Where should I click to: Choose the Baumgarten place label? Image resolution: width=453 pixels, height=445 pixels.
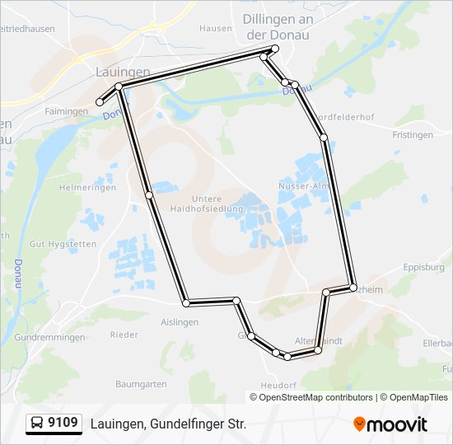coord(141,384)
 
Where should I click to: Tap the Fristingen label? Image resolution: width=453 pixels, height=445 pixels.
coord(413,134)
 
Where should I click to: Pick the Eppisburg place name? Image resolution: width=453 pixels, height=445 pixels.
coord(424,267)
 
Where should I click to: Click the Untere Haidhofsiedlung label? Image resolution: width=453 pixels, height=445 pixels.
coord(217,204)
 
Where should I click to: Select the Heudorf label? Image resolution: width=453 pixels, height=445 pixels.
coord(278,385)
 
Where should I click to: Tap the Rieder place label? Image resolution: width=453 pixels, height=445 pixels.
coord(124,335)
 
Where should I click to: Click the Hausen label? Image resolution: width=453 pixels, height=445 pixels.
coord(216,28)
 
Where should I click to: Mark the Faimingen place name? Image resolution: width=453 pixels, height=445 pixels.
coord(67,111)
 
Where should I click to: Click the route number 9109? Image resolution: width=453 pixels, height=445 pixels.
coord(63,424)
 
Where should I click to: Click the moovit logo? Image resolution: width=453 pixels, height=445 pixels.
coord(390,424)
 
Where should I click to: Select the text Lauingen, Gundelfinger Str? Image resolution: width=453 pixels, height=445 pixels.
coord(168,424)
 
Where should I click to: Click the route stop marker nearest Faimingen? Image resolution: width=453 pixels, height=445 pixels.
coord(100,102)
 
